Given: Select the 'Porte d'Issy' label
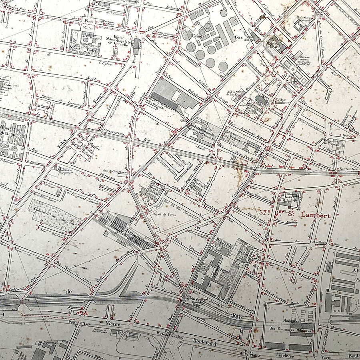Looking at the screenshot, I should coord(78,322).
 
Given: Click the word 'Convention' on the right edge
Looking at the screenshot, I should coord(348,169).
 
